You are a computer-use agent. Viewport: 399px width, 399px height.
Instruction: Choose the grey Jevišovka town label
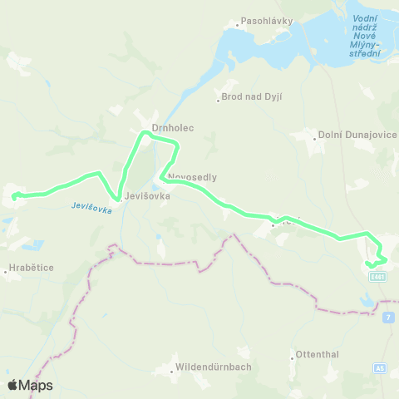[147, 196]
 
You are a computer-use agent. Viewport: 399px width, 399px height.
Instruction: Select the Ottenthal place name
[318, 354]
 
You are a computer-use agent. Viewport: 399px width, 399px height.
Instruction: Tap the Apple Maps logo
[30, 385]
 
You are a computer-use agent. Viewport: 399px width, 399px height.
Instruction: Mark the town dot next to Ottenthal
[293, 357]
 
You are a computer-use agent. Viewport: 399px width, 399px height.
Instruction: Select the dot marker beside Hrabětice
[5, 271]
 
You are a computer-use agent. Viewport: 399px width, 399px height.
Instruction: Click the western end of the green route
[14, 196]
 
